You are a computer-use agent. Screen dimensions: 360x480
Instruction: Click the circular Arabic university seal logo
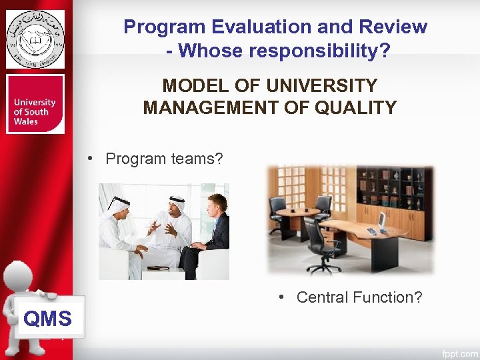pos(35,39)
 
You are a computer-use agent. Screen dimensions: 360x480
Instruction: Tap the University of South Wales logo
pos(35,105)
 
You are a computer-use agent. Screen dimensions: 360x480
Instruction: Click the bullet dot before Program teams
pos(97,159)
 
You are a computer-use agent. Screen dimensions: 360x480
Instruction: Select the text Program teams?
pos(164,159)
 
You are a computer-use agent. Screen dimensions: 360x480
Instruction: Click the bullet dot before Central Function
pos(283,297)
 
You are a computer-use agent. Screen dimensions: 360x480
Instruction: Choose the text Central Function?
pos(359,297)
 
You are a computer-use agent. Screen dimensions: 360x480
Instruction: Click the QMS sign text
pos(47,319)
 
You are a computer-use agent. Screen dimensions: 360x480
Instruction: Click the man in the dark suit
pos(213,233)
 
